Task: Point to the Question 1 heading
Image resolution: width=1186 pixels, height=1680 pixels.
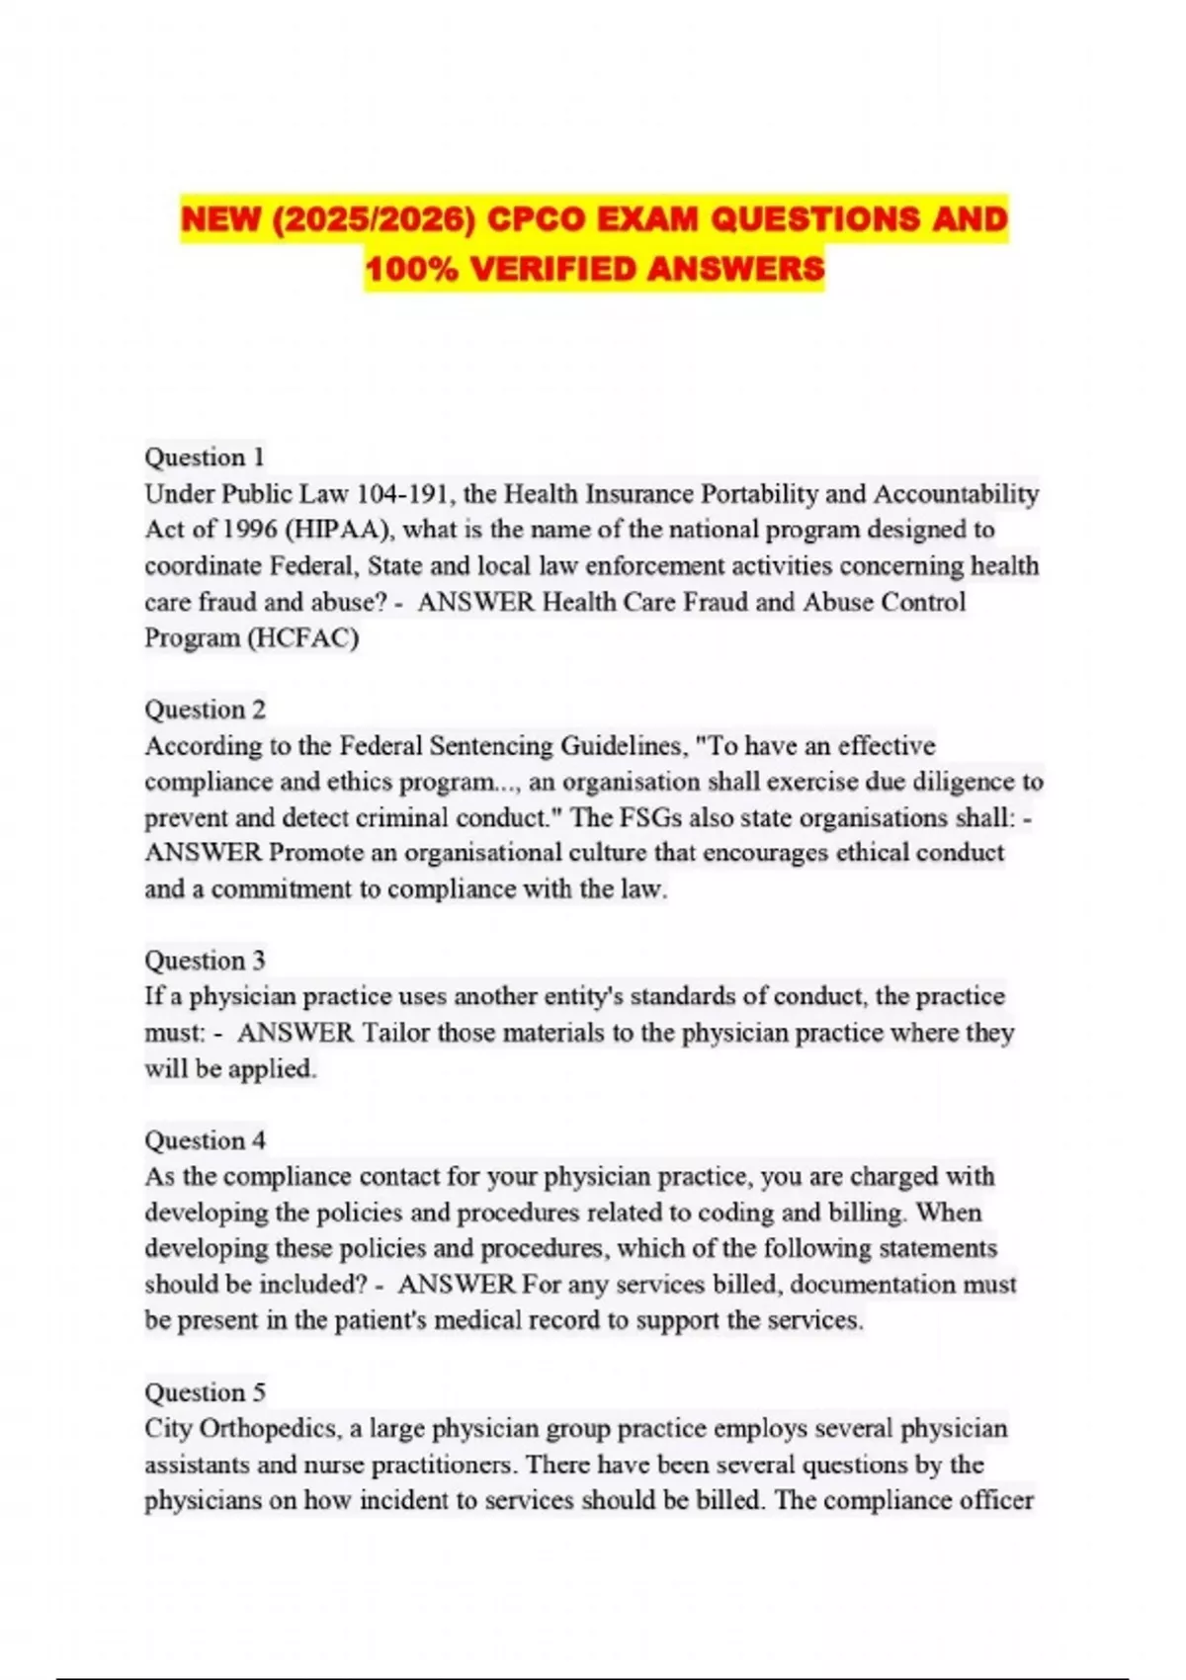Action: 205,457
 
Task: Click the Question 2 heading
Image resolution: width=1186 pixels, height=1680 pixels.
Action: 205,709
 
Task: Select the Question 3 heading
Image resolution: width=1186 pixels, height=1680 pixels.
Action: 205,960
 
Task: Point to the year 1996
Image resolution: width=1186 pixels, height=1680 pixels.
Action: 249,530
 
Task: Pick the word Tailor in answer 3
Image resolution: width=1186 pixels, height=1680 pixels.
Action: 396,1033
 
